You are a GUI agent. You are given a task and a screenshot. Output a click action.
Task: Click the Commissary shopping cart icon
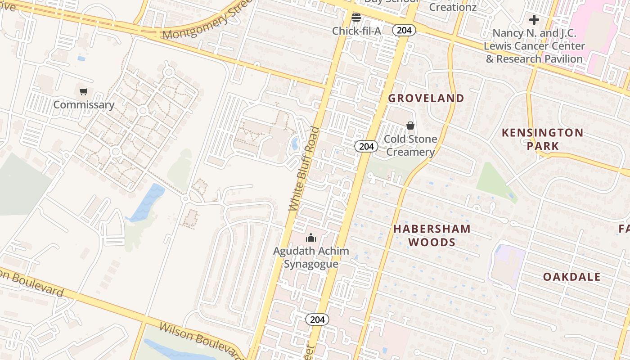(x=83, y=92)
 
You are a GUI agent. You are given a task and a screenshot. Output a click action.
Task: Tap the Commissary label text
(x=84, y=105)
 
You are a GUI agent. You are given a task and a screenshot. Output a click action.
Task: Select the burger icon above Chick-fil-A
(x=356, y=18)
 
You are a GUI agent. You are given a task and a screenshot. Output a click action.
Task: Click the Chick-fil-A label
(x=356, y=31)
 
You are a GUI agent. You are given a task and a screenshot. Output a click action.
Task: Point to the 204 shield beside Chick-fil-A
(x=404, y=30)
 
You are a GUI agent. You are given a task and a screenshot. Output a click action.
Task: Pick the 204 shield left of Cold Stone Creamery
(x=366, y=146)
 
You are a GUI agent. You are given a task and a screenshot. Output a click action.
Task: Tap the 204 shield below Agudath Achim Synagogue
(x=317, y=319)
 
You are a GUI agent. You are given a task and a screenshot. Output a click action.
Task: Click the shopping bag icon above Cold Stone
(x=410, y=126)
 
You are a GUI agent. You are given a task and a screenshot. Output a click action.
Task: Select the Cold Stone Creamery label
(x=410, y=145)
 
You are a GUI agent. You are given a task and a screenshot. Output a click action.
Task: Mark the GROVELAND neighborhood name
(x=426, y=98)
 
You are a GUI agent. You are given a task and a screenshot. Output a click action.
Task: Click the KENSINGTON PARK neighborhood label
(x=542, y=139)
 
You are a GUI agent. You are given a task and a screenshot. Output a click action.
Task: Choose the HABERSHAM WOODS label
(x=432, y=235)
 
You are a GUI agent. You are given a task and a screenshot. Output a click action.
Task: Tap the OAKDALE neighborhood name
(x=571, y=277)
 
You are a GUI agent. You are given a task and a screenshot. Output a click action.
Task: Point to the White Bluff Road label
(x=304, y=169)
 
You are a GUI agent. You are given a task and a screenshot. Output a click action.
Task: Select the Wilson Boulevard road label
(x=201, y=340)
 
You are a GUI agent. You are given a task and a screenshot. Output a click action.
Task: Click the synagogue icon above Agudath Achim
(x=310, y=238)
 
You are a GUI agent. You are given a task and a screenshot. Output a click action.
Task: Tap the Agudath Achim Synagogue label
(x=311, y=257)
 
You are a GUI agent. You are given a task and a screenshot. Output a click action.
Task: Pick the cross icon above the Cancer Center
(x=534, y=20)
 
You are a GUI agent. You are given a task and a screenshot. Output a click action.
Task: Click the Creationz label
(x=452, y=7)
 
